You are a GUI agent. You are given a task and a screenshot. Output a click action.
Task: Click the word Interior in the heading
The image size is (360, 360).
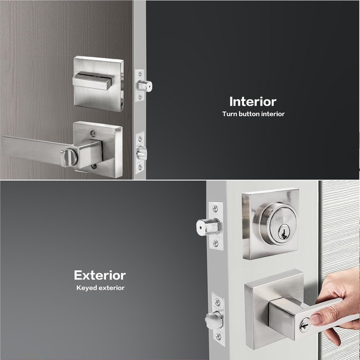tap(253, 101)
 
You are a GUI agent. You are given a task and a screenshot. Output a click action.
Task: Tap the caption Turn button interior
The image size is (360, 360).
tap(253, 114)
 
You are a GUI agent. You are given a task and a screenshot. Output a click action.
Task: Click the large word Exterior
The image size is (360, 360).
tap(99, 275)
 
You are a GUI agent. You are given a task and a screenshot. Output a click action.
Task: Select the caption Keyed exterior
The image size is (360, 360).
tap(100, 288)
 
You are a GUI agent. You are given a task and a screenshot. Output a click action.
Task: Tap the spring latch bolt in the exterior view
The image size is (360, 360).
tap(214, 319)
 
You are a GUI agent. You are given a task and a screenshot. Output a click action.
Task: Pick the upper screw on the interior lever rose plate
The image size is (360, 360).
tap(93, 133)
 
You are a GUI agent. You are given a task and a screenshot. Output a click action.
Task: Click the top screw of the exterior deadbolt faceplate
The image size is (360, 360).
tap(216, 208)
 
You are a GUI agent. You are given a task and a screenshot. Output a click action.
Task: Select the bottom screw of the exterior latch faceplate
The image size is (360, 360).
tap(218, 336)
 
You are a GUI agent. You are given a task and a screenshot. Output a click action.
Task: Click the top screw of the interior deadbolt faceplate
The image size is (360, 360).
tap(140, 73)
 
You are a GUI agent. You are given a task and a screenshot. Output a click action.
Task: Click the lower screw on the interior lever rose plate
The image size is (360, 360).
tap(94, 166)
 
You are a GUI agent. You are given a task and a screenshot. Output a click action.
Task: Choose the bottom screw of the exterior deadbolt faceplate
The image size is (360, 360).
tap(216, 243)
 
